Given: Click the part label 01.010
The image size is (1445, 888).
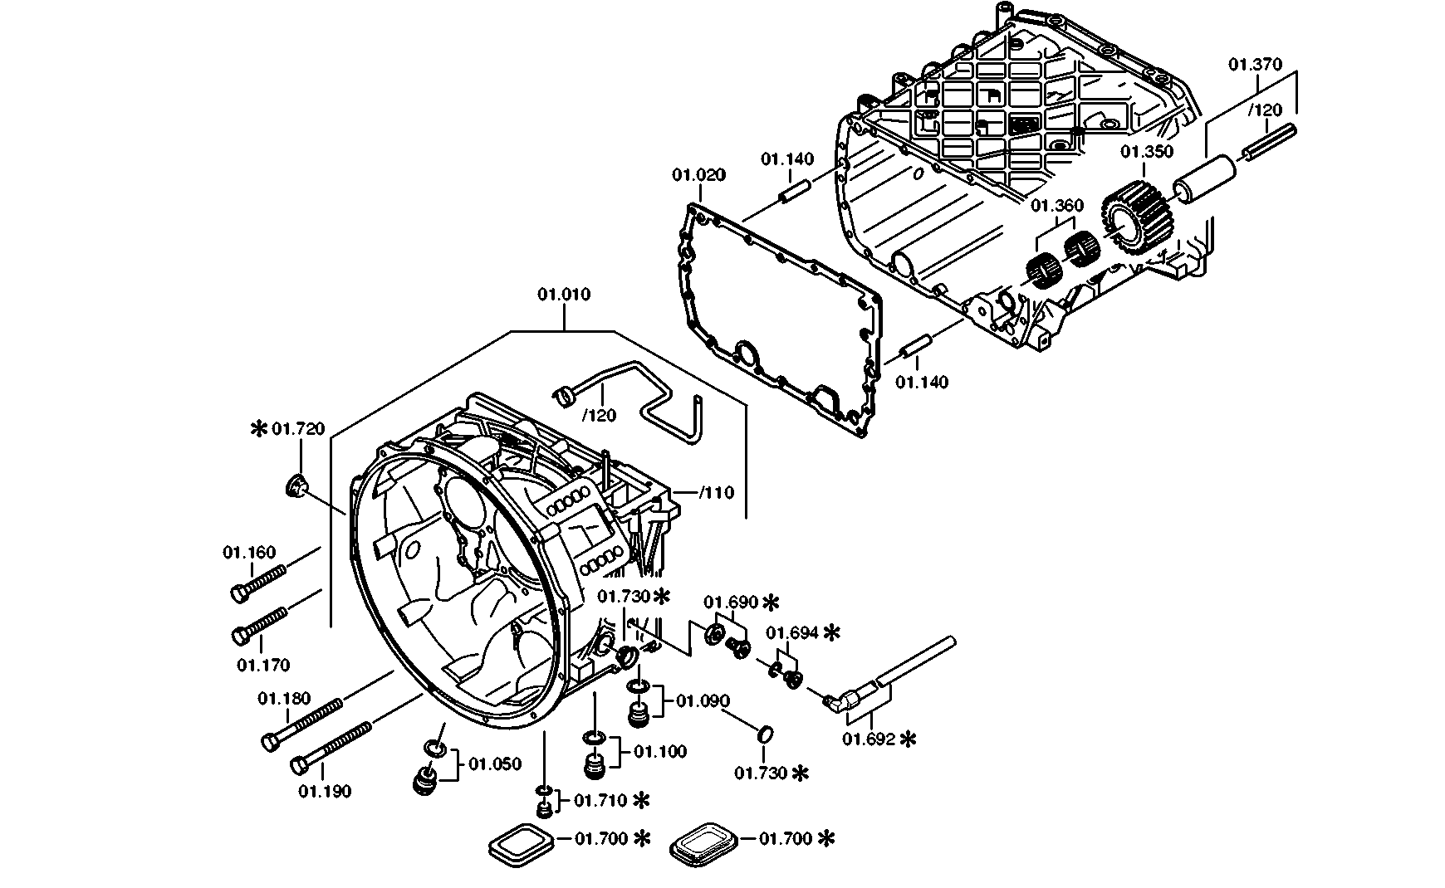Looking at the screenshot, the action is click(564, 295).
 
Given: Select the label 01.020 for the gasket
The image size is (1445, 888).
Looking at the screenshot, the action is click(698, 175).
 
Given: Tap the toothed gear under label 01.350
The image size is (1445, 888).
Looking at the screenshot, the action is click(1138, 218).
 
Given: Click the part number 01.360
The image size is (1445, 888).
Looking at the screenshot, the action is click(1057, 205).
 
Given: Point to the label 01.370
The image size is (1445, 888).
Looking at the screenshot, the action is click(1256, 65).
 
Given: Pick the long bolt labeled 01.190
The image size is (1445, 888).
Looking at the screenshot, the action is click(331, 747).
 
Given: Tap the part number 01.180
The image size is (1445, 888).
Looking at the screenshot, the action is click(284, 699).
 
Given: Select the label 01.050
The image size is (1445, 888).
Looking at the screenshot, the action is click(495, 764).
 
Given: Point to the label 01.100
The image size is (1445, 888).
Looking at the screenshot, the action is click(660, 752).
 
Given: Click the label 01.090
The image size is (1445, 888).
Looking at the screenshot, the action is click(703, 702).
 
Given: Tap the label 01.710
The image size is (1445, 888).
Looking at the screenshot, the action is click(601, 801).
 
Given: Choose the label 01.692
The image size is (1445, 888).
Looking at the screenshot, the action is click(869, 739).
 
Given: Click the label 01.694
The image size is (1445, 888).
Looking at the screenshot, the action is click(792, 633).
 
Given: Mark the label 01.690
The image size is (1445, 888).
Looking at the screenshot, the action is click(731, 602).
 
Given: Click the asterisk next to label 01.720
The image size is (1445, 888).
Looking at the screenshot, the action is click(259, 428).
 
